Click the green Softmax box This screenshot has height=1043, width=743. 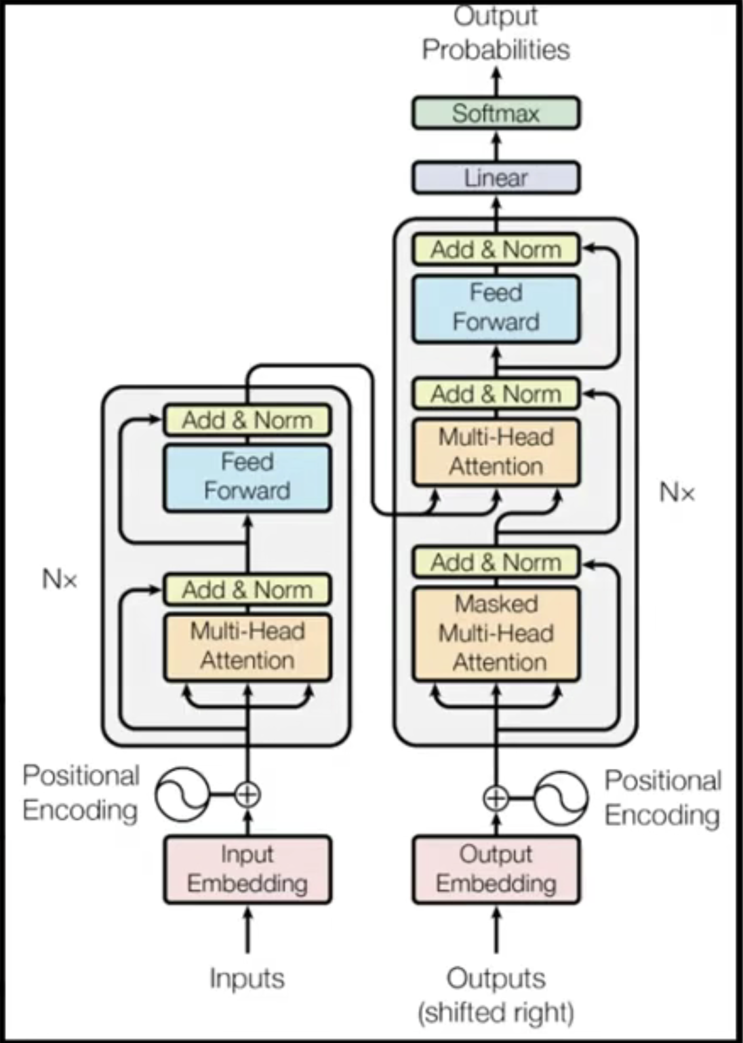tap(496, 113)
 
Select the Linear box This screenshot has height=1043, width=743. tap(496, 178)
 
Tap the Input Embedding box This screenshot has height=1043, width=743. tap(247, 869)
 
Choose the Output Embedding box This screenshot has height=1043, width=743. tap(496, 869)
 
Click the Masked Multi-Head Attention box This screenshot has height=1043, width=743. tap(496, 633)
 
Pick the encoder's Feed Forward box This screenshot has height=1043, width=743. tap(247, 477)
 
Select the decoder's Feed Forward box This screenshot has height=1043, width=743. tap(496, 308)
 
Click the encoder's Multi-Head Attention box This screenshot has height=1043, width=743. tap(247, 646)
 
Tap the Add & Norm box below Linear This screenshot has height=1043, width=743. tap(496, 250)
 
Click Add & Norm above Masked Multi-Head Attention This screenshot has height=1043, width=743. tap(496, 562)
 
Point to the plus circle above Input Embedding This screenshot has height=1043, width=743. tap(247, 794)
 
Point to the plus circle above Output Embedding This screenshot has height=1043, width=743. tap(496, 798)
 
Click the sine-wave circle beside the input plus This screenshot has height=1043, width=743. tap(182, 794)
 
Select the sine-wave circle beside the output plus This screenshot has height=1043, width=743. tap(561, 798)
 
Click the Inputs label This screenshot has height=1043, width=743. tap(247, 979)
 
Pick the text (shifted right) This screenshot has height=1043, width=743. tap(496, 1012)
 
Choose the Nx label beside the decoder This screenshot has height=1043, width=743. tap(677, 492)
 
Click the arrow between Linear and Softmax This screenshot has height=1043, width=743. tap(496, 145)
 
